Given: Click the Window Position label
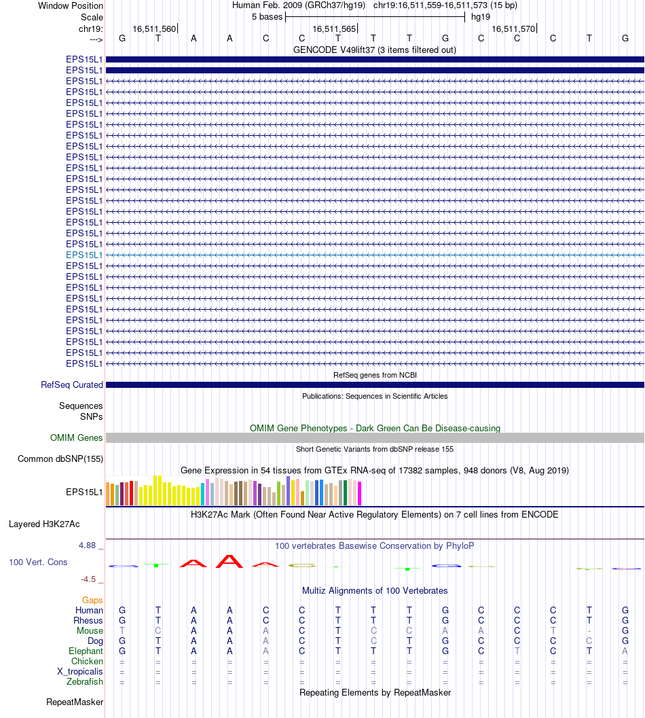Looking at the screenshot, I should (71, 5).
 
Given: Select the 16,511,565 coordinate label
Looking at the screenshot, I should (334, 29).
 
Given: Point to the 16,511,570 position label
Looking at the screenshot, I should (513, 29).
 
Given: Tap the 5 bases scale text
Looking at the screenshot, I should (267, 16).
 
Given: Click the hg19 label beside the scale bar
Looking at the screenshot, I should (481, 16).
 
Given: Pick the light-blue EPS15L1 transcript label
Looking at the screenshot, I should (84, 255).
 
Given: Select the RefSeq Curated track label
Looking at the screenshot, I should (72, 385).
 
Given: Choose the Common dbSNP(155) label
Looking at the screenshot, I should (60, 459).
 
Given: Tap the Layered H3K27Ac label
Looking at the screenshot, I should (44, 524).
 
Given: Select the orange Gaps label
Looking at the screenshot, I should (92, 600).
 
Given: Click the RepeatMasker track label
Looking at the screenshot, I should (75, 702).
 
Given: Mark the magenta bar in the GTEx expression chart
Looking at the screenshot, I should (360, 493).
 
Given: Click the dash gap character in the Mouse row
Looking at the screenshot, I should (589, 631).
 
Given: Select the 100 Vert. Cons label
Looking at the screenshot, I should (38, 562).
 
